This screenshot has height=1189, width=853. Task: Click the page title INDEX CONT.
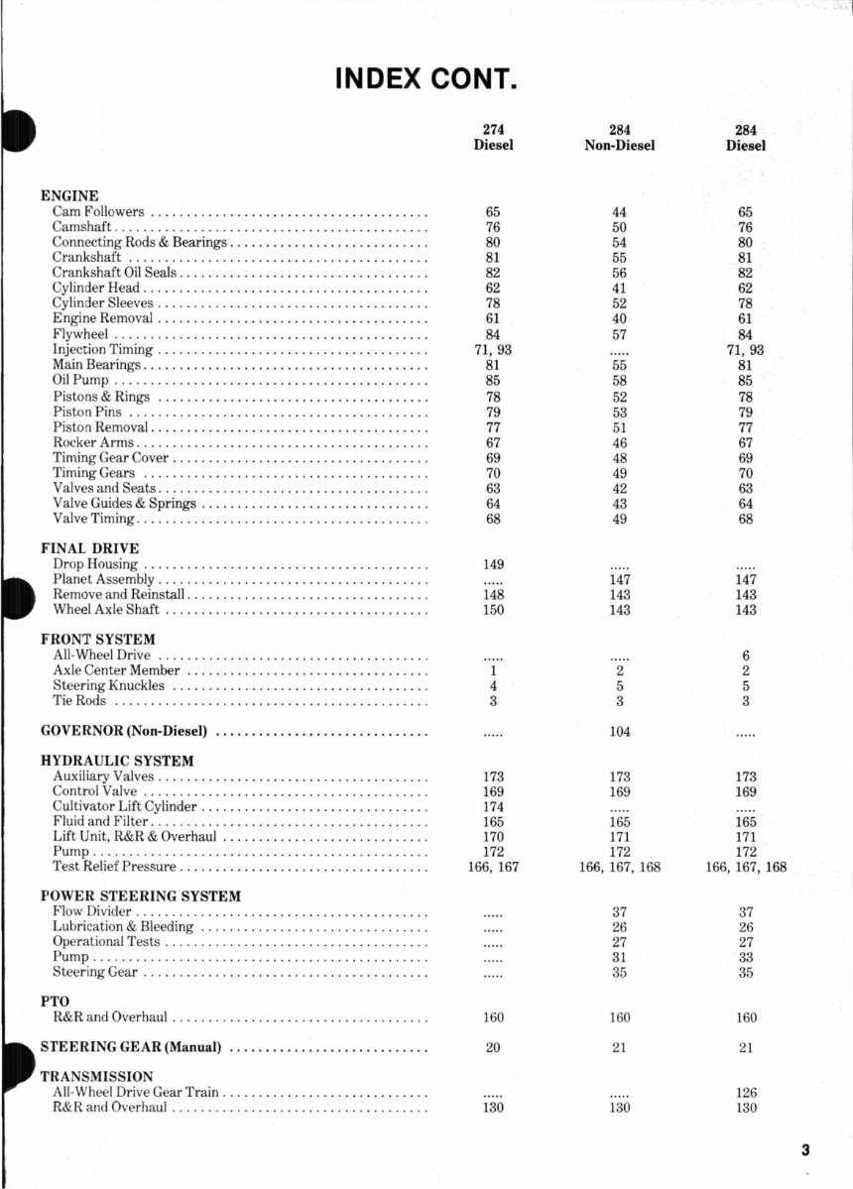pos(426,77)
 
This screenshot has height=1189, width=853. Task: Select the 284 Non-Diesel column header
pos(620,138)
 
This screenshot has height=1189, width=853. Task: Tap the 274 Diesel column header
pos(493,138)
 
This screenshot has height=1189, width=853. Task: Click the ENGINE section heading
pos(69,196)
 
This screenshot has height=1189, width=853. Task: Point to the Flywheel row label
pos(79,334)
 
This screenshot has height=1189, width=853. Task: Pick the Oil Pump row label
pos(80,380)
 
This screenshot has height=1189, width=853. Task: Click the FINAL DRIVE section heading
pos(89,548)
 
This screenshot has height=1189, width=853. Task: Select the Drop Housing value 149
pos(493,564)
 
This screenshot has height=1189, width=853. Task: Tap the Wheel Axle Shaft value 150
pos(493,610)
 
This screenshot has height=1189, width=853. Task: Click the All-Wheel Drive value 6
pos(746,655)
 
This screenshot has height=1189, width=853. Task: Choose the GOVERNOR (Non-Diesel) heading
pos(124,732)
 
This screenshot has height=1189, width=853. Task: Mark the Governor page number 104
pos(620,732)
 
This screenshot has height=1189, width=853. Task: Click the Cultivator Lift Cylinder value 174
pos(493,807)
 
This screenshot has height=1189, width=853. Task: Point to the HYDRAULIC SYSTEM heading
pos(117,762)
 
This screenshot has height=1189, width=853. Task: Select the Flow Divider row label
pos(92,911)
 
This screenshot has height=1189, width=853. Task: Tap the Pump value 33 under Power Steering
pos(746,957)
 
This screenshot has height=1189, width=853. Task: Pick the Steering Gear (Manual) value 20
pos(493,1047)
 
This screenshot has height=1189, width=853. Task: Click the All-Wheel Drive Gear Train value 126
pos(746,1093)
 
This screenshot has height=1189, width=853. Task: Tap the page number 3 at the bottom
pos(806,1150)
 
